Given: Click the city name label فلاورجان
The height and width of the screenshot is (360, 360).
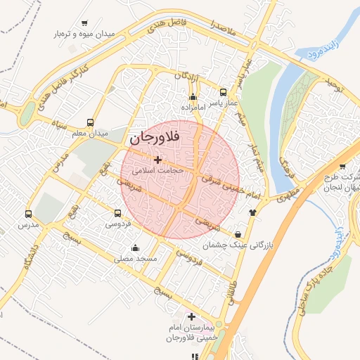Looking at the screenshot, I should [x=155, y=138].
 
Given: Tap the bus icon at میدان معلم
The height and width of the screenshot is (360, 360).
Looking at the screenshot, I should [x=89, y=122].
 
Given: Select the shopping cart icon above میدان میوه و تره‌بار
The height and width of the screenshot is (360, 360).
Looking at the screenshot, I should [x=85, y=23].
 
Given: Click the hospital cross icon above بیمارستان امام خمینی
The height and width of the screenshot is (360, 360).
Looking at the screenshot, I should [x=191, y=317].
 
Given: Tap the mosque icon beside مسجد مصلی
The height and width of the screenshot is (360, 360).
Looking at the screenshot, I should [x=135, y=248].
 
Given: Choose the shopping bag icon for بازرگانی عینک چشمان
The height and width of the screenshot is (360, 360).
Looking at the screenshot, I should [x=239, y=234].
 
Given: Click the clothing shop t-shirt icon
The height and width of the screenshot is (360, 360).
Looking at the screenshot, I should [x=252, y=212].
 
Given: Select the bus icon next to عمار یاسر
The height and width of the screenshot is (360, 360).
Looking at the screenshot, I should [x=223, y=92].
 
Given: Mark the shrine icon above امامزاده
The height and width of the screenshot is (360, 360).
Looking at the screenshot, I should [x=193, y=96].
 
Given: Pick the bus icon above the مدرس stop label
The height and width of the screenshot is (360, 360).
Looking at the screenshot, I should [x=28, y=214].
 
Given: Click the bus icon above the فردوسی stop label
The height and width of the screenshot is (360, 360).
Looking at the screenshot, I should [x=117, y=213].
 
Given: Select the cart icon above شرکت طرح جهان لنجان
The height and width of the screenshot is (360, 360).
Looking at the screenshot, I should [x=342, y=167].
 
